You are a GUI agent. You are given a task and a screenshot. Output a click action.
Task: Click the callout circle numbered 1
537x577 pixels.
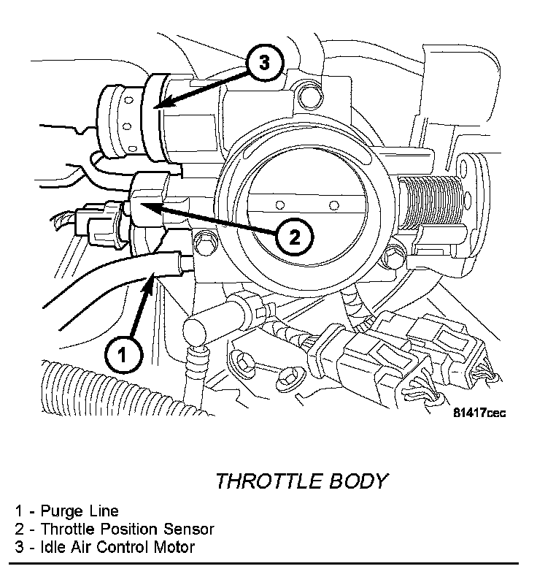123,356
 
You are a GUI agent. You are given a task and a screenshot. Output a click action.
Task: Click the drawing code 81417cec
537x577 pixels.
479,413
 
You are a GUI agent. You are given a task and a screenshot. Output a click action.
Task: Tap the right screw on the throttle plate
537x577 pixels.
333,204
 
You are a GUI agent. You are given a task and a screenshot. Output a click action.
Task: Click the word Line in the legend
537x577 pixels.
103,511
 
